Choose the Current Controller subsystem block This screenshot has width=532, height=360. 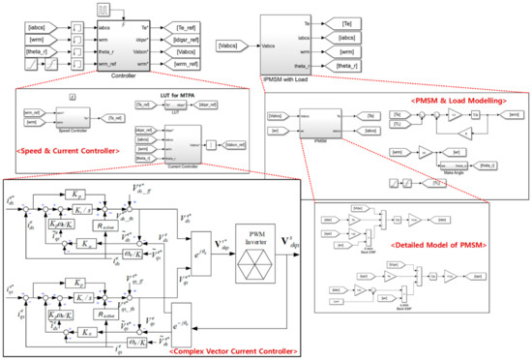point(174,142)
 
